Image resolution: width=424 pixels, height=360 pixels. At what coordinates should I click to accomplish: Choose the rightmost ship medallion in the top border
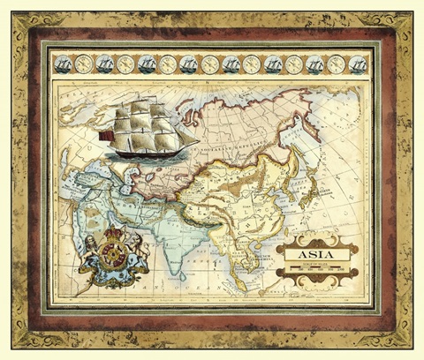[x=358, y=64]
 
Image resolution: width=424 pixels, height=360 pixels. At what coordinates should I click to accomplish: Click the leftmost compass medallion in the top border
[x=84, y=64]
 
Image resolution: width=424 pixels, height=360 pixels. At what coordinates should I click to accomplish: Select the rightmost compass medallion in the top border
[x=336, y=64]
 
